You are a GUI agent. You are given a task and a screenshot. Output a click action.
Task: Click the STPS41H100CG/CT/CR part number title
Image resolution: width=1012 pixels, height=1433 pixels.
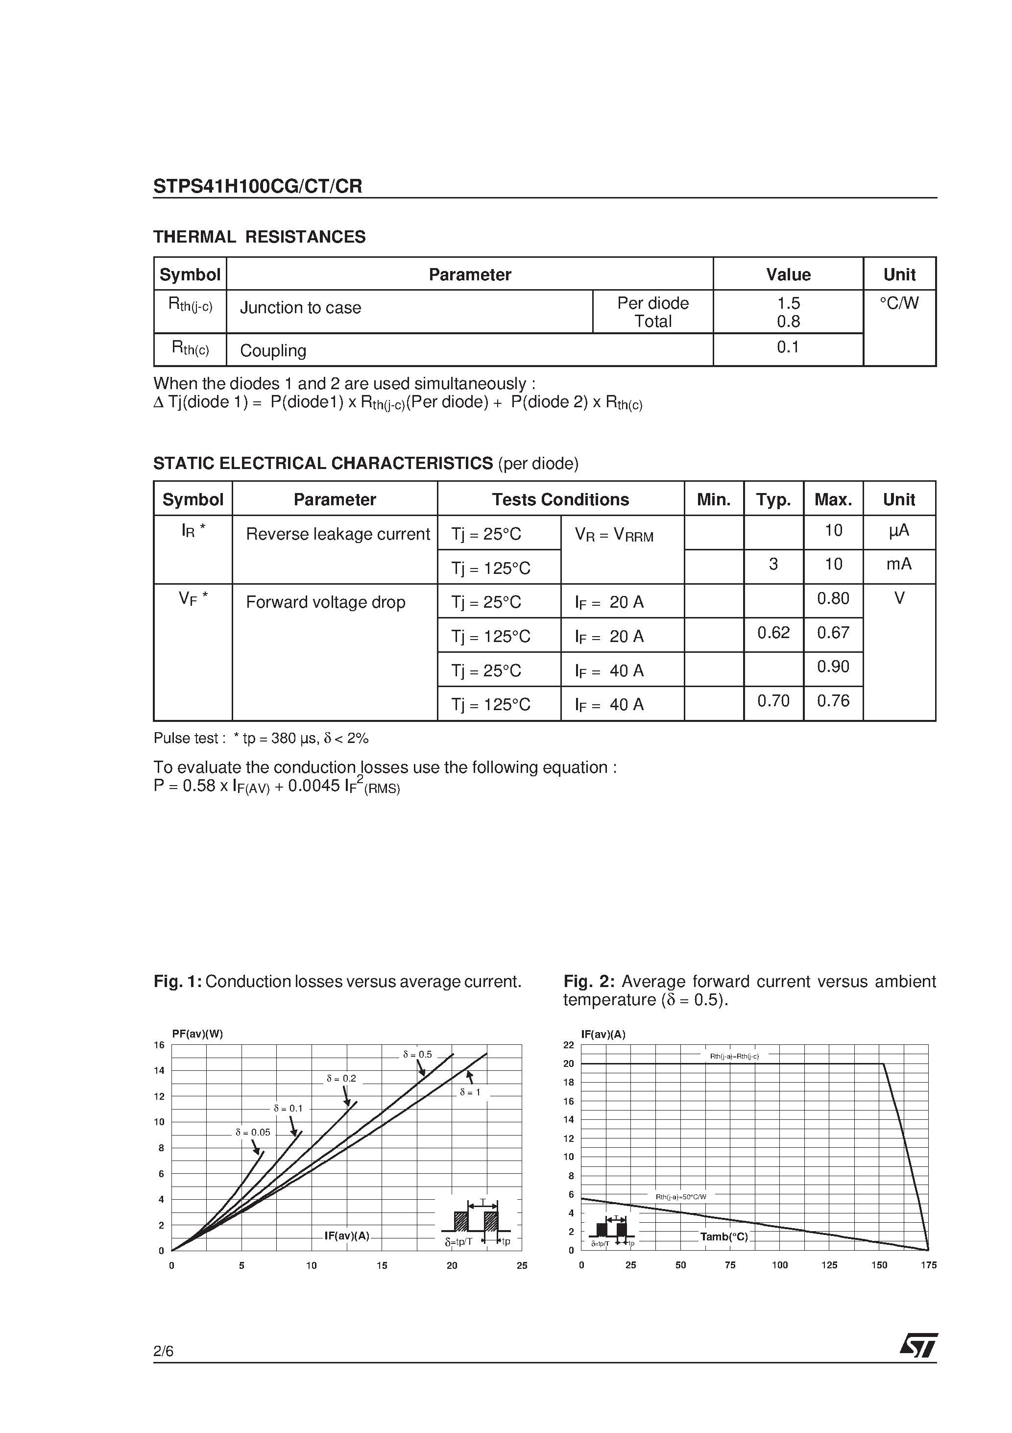coord(258,187)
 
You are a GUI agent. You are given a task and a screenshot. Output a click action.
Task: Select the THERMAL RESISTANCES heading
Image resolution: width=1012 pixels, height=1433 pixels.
coord(260,237)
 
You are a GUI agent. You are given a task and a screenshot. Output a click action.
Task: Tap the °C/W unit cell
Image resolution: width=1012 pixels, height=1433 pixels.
coord(899,303)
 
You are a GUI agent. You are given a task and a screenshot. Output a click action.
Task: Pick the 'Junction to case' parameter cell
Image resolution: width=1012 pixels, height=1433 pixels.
coord(301,308)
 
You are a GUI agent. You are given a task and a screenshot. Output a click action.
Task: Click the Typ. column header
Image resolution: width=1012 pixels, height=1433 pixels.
coord(773,499)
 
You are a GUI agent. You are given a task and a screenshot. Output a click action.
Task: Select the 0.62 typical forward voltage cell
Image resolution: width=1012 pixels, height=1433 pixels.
coord(773,633)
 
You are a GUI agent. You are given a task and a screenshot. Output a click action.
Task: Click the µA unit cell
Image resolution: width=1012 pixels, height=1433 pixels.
coord(899,530)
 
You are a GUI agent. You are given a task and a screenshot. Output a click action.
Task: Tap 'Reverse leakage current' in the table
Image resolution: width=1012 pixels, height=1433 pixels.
coord(337,534)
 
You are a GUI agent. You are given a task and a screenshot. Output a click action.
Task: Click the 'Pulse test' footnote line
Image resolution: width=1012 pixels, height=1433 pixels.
coord(261,739)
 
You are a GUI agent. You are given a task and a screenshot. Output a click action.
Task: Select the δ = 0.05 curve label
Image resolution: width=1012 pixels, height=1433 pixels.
coord(253,1132)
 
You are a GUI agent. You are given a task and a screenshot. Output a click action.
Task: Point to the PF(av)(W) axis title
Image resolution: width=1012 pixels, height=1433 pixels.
coord(197,1034)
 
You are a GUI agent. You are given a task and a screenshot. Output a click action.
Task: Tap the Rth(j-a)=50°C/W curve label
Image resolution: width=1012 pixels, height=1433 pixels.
coord(681,1196)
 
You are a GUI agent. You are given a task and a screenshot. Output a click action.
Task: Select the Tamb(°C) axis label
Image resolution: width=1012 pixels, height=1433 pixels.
coord(724,1236)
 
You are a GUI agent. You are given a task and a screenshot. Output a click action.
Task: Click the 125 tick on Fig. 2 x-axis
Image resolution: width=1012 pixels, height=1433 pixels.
coord(829,1265)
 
